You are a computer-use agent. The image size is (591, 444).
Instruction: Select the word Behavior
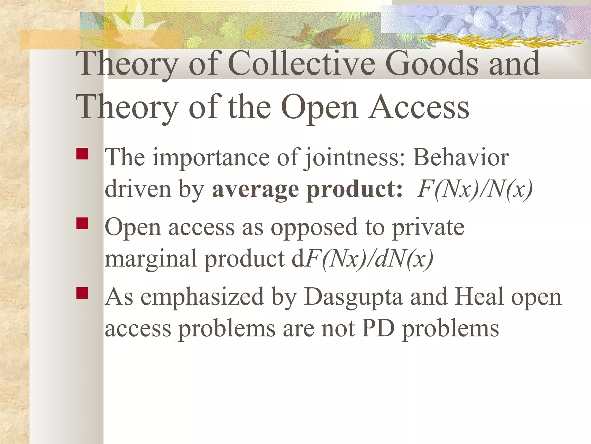pyautogui.click(x=461, y=157)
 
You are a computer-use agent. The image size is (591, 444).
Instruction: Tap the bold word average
pyautogui.click(x=255, y=190)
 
